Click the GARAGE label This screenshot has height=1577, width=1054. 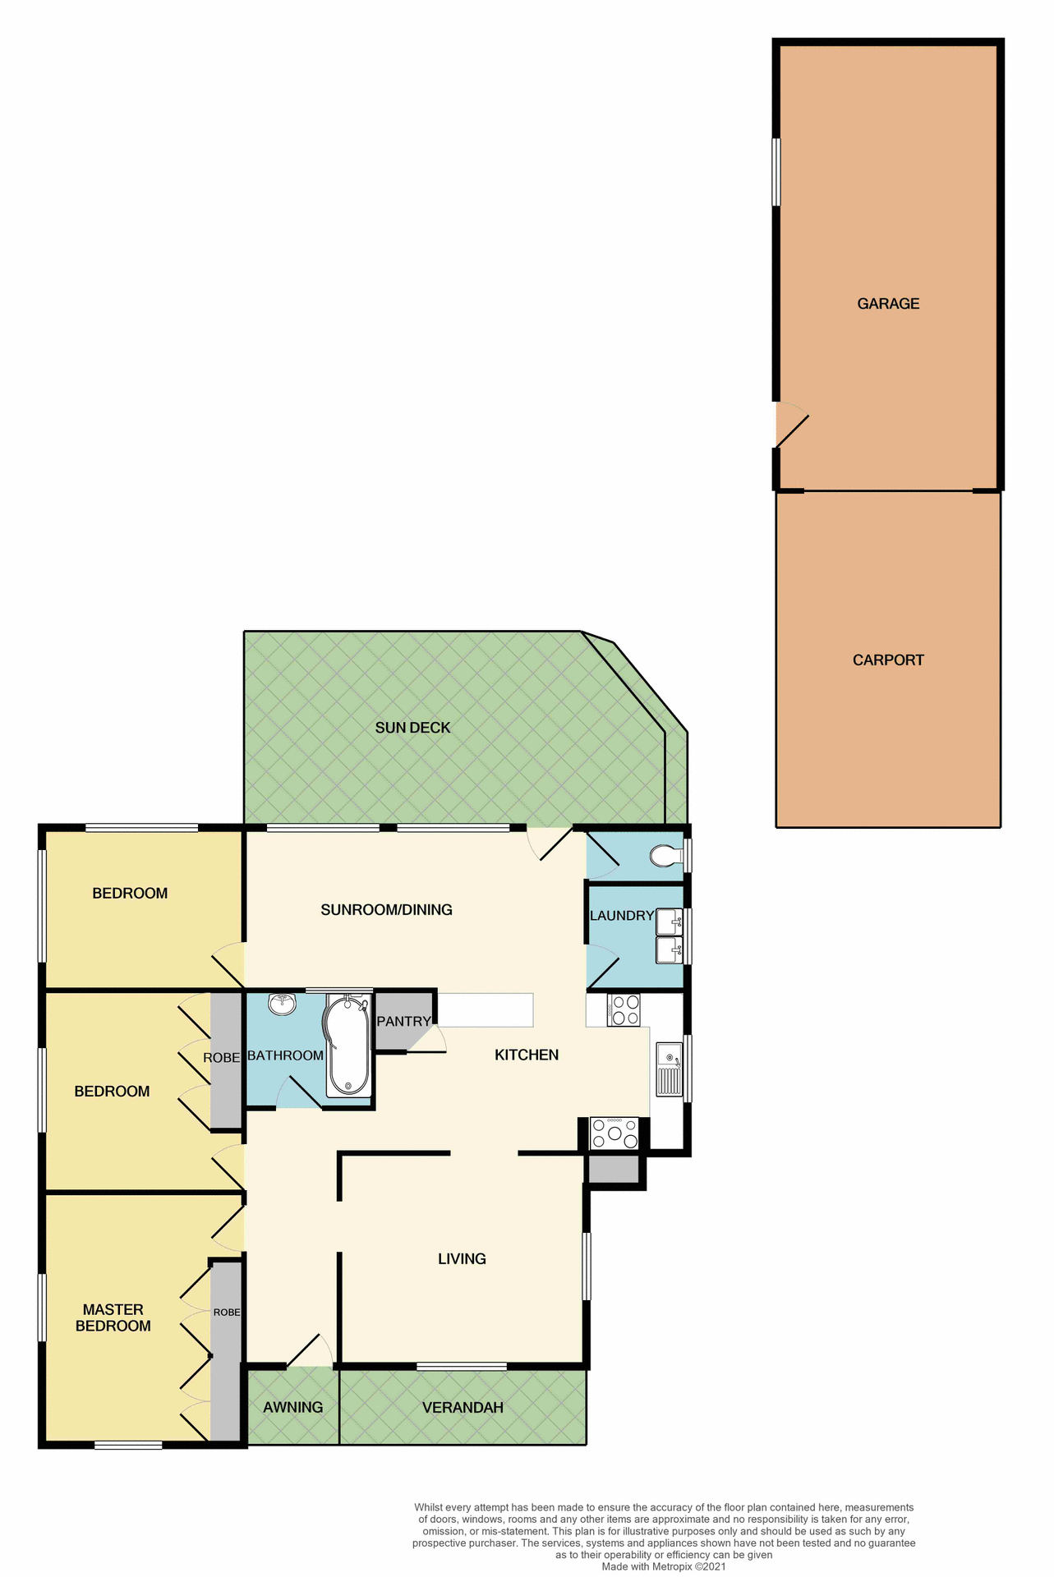coord(888,304)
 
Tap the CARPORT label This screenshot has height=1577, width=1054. coord(888,660)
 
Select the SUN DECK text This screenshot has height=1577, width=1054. coord(412,728)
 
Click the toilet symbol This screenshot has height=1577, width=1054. coord(665,857)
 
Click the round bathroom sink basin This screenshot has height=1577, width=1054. coord(282,1004)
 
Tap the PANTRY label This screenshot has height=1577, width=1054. coord(403,1022)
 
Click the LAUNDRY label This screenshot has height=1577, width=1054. coord(622,916)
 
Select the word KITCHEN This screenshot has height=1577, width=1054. coord(527,1055)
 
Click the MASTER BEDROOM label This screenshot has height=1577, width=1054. coord(113,1318)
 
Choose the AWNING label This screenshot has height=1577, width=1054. coord(292,1408)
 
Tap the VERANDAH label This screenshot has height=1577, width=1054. coord(463,1408)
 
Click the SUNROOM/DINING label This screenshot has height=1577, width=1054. coord(386,910)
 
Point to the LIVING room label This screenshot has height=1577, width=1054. coord(462,1259)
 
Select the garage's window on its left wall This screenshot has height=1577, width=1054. coord(776,172)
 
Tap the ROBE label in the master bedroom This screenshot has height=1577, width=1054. coord(227,1313)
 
